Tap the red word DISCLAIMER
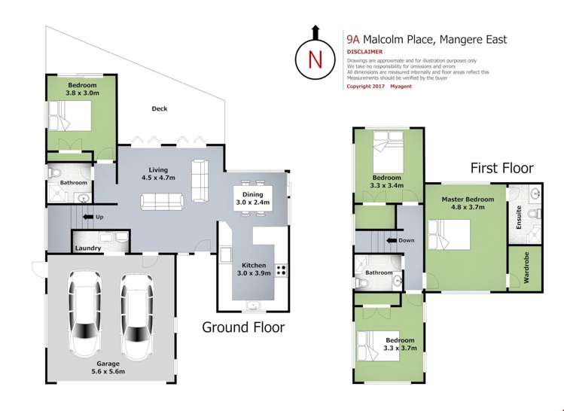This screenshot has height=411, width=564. [364, 52]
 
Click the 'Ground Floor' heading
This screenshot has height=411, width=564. [243, 327]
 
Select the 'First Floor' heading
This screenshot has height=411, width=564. [502, 168]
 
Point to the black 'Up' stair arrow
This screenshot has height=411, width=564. [87, 217]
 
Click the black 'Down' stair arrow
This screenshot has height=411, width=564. [392, 240]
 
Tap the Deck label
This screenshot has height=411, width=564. [160, 108]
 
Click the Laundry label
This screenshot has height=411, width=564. [88, 248]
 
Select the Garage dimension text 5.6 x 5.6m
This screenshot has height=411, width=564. [108, 371]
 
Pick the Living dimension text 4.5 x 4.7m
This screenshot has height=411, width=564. [158, 178]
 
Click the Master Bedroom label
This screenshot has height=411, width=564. [468, 199]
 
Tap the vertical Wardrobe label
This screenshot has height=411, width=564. [526, 267]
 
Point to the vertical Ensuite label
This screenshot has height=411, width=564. [519, 218]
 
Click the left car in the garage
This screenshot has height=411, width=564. [84, 314]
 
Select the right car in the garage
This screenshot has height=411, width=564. [137, 317]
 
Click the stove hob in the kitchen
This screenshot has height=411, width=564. [282, 270]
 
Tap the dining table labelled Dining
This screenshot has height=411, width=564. [252, 198]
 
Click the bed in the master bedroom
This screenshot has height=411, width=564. [449, 234]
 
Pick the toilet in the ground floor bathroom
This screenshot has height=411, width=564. [53, 174]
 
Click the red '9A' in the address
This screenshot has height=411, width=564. [353, 39]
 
